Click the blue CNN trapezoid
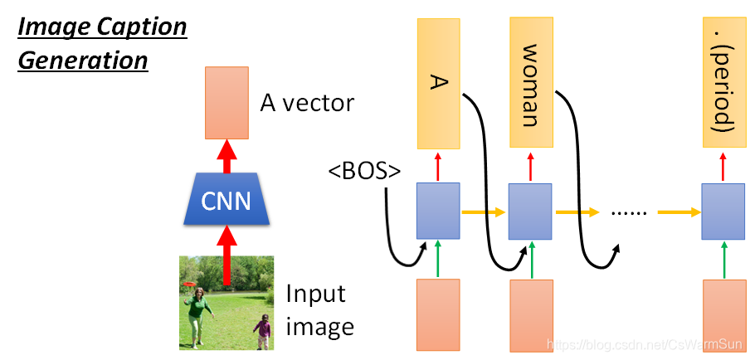coord(226,201)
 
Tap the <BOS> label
coord(364,172)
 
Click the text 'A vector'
coord(307,103)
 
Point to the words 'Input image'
coord(320,309)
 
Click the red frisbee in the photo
coord(191,284)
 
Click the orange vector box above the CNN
coord(226,103)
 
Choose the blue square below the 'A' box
coord(436,213)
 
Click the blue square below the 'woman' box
coord(531,213)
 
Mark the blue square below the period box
coord(723,213)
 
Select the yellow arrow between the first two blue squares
coord(483,213)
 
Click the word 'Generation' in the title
coord(83,61)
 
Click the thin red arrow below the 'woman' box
coord(531,166)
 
